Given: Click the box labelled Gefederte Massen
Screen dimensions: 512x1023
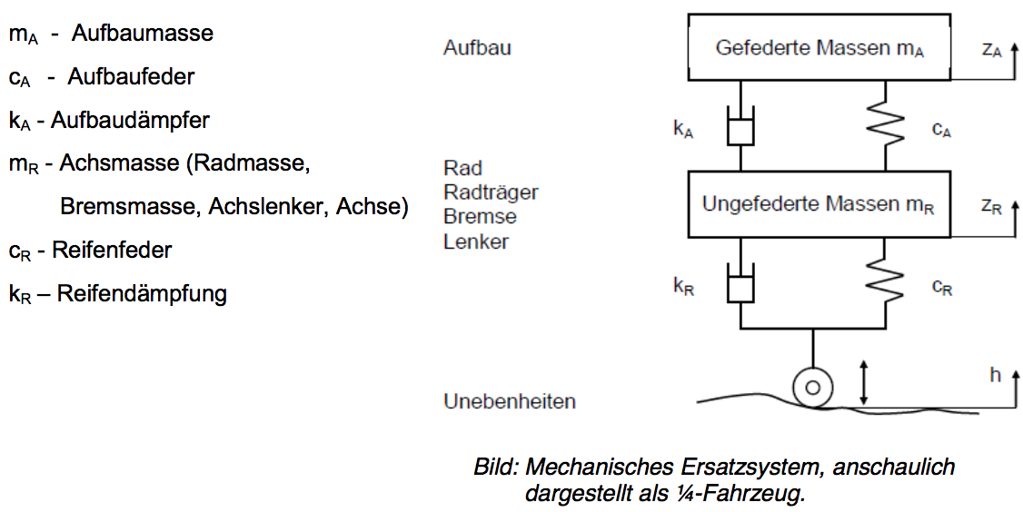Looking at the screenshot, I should pos(819,47).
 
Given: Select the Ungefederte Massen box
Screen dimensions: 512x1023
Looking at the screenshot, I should pos(819,204).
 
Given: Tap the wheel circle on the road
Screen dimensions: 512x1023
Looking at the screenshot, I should pos(812,388).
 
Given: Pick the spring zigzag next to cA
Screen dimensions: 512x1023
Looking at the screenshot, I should pos(885,128).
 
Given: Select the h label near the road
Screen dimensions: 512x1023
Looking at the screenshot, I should pos(995,374).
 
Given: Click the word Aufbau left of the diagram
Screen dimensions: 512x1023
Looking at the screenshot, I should pos(477,47).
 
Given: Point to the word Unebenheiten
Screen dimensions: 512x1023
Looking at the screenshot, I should pos(509,401).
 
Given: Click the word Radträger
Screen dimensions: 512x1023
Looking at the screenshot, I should pos(491,192).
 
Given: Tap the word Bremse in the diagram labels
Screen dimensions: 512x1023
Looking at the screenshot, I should pos(480,217).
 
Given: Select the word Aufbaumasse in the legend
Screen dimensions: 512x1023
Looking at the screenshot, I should pos(143,34).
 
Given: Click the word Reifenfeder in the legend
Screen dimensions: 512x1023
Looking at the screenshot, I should pos(112,250).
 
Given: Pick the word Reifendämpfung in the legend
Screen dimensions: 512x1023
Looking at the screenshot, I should pos(142,294).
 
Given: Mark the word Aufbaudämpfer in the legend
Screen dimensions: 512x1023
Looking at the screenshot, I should pos(133,120).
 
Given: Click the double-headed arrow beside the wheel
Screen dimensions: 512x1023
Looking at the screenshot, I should pos(864,381).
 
